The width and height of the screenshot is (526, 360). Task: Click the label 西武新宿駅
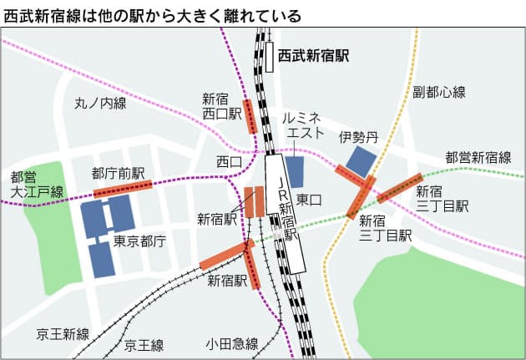tap(313, 56)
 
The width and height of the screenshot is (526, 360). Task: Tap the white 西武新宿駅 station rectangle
tap(271, 57)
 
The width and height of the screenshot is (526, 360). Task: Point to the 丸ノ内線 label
tap(99, 104)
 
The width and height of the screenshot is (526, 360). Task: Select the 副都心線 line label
tap(438, 91)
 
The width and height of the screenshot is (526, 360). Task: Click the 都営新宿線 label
tap(478, 157)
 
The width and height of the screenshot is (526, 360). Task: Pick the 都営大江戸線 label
tap(36, 185)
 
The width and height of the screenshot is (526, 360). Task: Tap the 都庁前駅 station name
tap(118, 173)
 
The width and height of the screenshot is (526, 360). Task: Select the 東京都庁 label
tap(139, 241)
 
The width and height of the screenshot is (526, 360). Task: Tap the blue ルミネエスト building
tap(295, 171)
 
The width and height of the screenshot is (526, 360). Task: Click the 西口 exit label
tap(228, 160)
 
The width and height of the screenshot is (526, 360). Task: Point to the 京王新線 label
tap(63, 334)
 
